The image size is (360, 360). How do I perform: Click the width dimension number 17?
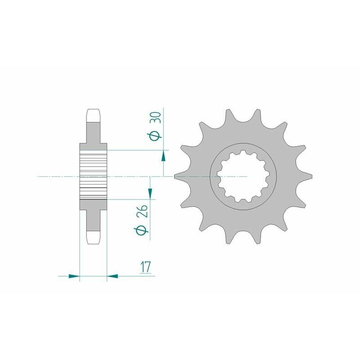(144, 267)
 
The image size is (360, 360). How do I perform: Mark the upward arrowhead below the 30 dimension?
(163, 156)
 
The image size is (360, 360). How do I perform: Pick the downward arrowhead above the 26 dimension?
(150, 193)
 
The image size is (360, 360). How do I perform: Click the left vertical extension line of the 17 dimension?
(80, 252)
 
